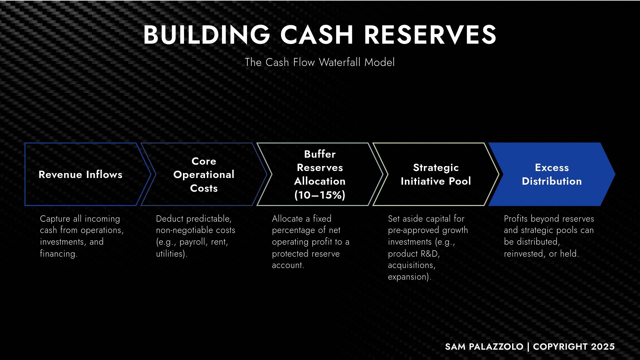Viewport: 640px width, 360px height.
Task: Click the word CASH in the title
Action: click(316, 35)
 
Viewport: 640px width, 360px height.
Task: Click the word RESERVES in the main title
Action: click(430, 35)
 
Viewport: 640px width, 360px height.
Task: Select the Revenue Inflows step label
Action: click(80, 174)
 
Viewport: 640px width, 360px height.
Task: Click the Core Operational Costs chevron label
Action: click(204, 174)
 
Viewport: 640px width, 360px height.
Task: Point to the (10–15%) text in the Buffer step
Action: click(320, 195)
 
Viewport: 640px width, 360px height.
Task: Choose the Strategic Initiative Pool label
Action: click(436, 174)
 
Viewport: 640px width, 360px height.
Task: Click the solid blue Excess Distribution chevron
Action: click(552, 174)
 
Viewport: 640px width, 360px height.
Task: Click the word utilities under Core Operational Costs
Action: click(170, 254)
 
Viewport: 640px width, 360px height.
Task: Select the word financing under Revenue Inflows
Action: click(58, 254)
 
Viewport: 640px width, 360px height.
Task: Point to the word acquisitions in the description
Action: click(411, 265)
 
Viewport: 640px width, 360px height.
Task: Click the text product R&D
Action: click(413, 254)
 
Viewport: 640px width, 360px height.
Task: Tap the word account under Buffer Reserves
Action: click(287, 265)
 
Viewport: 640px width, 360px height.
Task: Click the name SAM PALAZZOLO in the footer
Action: click(484, 347)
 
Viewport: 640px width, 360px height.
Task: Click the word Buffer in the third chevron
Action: click(320, 154)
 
